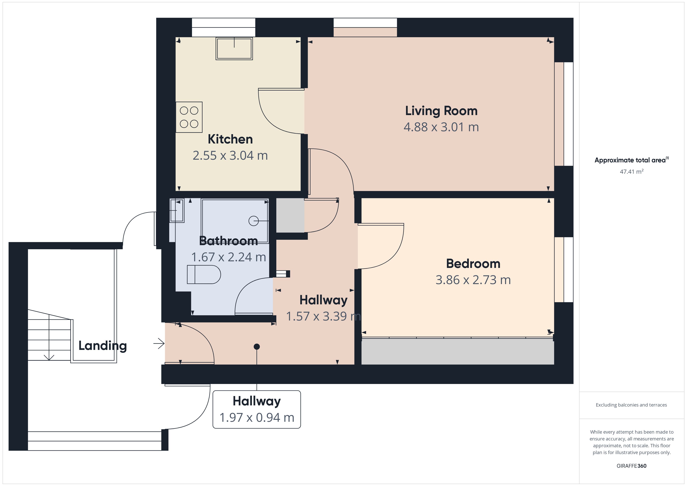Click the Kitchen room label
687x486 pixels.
tap(230, 139)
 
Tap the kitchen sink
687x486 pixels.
tap(234, 48)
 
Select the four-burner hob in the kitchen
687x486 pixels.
tap(189, 117)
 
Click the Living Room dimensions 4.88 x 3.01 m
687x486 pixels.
tap(441, 127)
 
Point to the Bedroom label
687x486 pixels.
tap(473, 264)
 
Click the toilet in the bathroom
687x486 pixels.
tap(204, 274)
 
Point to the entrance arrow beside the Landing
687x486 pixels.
tap(159, 343)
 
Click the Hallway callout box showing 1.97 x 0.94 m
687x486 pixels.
tap(257, 409)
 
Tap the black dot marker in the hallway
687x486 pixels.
tap(257, 347)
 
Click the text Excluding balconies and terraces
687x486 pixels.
tap(631, 405)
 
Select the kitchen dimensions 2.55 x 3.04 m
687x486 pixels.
tap(230, 156)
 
